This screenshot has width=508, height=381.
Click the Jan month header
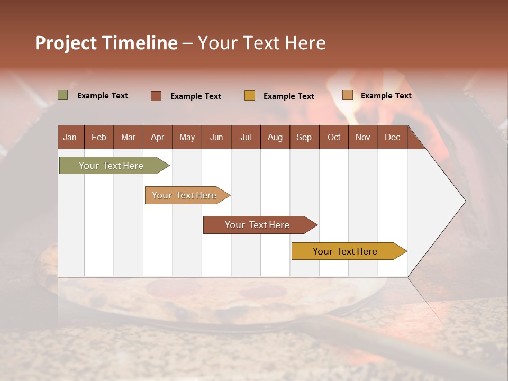(x=70, y=137)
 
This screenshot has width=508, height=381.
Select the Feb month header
(x=99, y=137)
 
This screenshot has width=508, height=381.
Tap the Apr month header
(x=157, y=137)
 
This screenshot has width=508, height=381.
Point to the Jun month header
(x=216, y=137)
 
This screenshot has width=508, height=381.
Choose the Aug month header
(x=275, y=137)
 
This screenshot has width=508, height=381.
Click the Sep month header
(x=304, y=137)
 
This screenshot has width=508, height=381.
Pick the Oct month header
(x=333, y=137)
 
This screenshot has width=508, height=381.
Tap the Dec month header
(x=392, y=137)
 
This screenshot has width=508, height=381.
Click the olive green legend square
(x=62, y=95)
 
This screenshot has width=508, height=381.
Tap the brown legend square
(x=156, y=96)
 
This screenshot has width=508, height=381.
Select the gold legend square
(x=249, y=96)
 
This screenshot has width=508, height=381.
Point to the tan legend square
(x=347, y=95)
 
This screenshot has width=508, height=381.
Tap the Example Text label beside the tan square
(x=386, y=96)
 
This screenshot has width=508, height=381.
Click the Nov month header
(x=362, y=137)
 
